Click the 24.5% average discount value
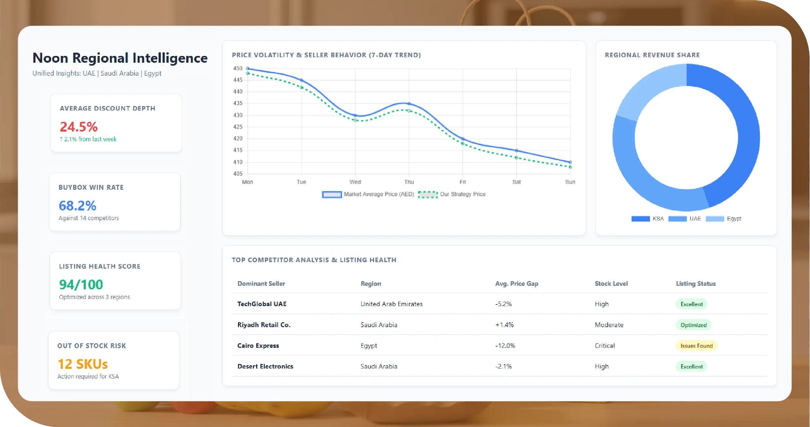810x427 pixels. (79, 127)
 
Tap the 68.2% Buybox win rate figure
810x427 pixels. (77, 206)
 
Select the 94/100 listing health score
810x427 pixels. (81, 284)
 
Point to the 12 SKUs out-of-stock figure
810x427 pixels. (82, 364)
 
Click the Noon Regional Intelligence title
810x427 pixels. (120, 58)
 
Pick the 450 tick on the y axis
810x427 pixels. (238, 69)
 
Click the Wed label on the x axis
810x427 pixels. (355, 182)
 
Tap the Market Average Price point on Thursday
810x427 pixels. (409, 104)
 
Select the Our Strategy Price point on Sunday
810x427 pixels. (570, 167)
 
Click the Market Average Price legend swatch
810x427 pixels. (332, 194)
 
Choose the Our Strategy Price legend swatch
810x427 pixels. (428, 194)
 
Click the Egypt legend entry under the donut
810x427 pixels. (734, 219)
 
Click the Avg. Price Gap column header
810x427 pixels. (517, 283)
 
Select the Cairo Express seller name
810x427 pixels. (258, 346)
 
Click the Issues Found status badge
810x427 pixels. (696, 346)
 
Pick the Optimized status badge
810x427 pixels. (693, 325)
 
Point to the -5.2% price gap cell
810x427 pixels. (503, 304)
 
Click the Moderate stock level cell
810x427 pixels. (609, 325)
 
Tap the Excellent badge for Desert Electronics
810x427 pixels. (691, 367)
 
